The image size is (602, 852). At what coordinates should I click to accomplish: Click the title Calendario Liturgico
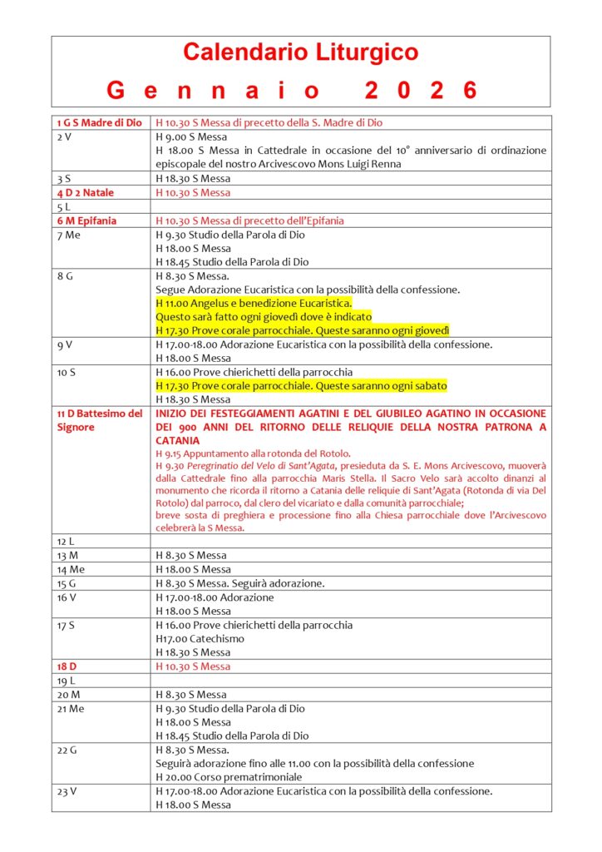pos(300,53)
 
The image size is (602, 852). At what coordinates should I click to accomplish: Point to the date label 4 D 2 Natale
pos(86,192)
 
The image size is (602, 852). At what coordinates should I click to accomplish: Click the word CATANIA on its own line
pos(177,440)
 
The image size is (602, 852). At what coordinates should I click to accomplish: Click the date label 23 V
pos(67,791)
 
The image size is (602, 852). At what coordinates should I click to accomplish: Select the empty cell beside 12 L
pos(351,541)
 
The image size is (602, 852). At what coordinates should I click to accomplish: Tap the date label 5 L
pos(62,206)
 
